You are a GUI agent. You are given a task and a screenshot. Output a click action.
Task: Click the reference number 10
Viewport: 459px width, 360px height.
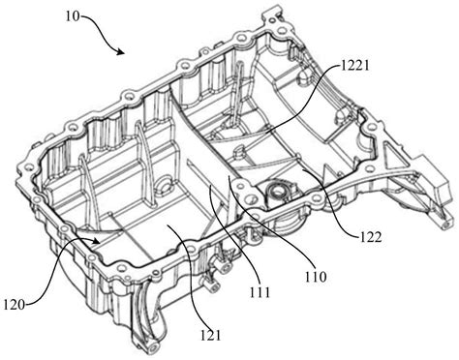click(73, 16)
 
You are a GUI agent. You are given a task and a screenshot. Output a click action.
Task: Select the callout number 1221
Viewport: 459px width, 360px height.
click(354, 66)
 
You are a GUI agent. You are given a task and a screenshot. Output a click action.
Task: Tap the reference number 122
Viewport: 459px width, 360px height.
click(371, 237)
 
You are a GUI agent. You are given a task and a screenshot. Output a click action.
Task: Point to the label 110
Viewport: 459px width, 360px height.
click(316, 276)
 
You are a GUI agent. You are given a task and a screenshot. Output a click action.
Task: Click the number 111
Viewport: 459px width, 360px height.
click(260, 292)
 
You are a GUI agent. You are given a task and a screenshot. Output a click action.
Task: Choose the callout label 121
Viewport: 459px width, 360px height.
click(210, 336)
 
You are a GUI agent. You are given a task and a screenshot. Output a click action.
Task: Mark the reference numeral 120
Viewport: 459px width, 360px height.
click(15, 304)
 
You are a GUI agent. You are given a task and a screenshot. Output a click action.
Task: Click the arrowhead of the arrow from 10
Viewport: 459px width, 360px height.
click(121, 51)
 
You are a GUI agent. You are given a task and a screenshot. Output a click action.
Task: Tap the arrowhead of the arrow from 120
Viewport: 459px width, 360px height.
click(96, 241)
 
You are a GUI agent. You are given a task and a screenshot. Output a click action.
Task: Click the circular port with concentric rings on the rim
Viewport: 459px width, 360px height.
click(277, 192)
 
